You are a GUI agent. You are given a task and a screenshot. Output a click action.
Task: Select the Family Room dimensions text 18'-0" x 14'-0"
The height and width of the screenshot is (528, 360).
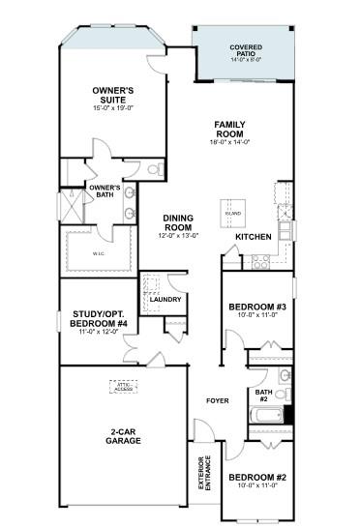[231, 142]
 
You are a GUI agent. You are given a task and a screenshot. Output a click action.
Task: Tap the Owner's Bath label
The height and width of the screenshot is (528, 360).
[104, 191]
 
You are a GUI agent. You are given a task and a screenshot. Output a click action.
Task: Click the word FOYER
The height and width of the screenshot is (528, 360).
[216, 399]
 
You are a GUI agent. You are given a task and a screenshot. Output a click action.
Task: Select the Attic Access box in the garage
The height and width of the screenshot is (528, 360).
[123, 388]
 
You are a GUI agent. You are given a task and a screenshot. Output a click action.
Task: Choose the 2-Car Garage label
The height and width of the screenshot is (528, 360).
[125, 436]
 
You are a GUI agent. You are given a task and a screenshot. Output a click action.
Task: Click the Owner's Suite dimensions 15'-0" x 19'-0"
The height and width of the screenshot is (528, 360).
[112, 109]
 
